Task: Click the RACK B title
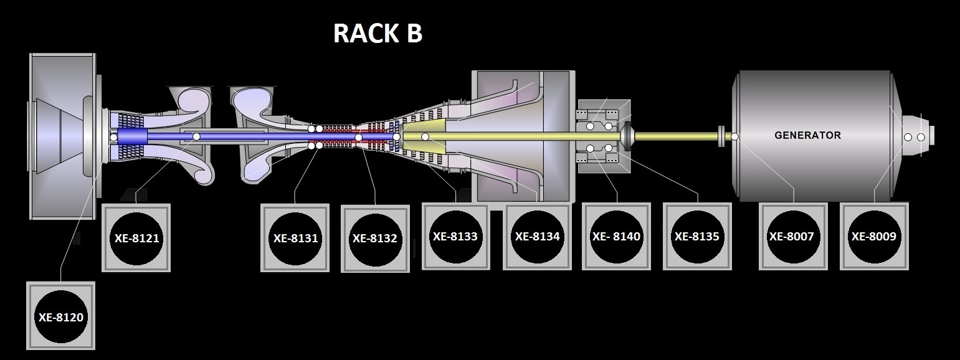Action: [378, 34]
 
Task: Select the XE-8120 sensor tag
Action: [60, 316]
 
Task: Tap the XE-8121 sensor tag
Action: [136, 237]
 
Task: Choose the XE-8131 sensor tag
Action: [295, 237]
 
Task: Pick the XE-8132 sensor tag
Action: [375, 238]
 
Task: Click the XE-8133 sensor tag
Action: [455, 237]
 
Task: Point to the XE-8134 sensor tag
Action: [537, 237]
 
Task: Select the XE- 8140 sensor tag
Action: [616, 237]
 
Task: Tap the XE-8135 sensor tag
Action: [697, 237]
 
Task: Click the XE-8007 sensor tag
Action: [793, 237]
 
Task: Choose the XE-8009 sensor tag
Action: [874, 237]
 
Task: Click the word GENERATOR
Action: [807, 135]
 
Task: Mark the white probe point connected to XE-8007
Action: [734, 136]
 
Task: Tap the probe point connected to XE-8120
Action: [113, 137]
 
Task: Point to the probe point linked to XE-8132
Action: [358, 138]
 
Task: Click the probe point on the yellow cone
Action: [425, 136]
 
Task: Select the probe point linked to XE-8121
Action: [196, 136]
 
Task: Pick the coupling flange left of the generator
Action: [721, 136]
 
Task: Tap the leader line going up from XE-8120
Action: [61, 249]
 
